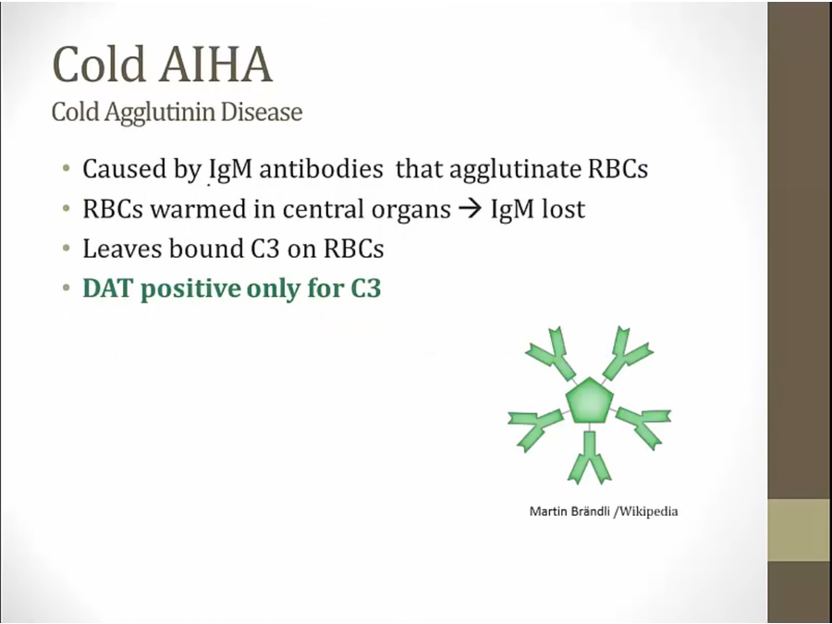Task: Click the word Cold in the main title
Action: (x=99, y=64)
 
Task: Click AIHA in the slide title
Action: (x=216, y=64)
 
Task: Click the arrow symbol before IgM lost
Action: (x=471, y=209)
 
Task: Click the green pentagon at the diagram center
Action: (x=590, y=400)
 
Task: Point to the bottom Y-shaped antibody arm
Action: (x=590, y=458)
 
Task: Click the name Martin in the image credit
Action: (x=548, y=511)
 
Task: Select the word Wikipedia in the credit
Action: (x=648, y=511)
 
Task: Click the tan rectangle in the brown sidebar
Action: (x=799, y=530)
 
